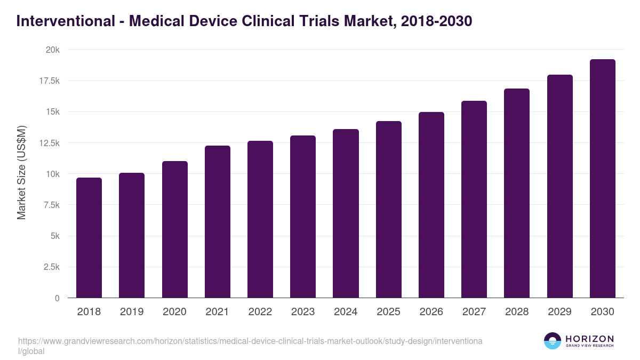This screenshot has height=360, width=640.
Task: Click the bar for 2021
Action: (217, 221)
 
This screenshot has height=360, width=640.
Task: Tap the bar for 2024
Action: (346, 213)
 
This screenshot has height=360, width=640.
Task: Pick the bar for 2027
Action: (474, 199)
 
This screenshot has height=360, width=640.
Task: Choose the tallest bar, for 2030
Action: (602, 179)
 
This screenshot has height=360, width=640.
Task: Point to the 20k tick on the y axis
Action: (52, 50)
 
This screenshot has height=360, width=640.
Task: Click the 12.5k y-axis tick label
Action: (49, 143)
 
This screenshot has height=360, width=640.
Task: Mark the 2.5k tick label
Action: (51, 267)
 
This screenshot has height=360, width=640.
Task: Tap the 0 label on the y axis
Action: (57, 298)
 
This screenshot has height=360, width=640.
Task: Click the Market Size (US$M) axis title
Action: (21, 172)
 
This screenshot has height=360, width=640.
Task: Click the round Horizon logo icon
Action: (553, 341)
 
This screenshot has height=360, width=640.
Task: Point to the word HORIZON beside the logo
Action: (589, 339)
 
